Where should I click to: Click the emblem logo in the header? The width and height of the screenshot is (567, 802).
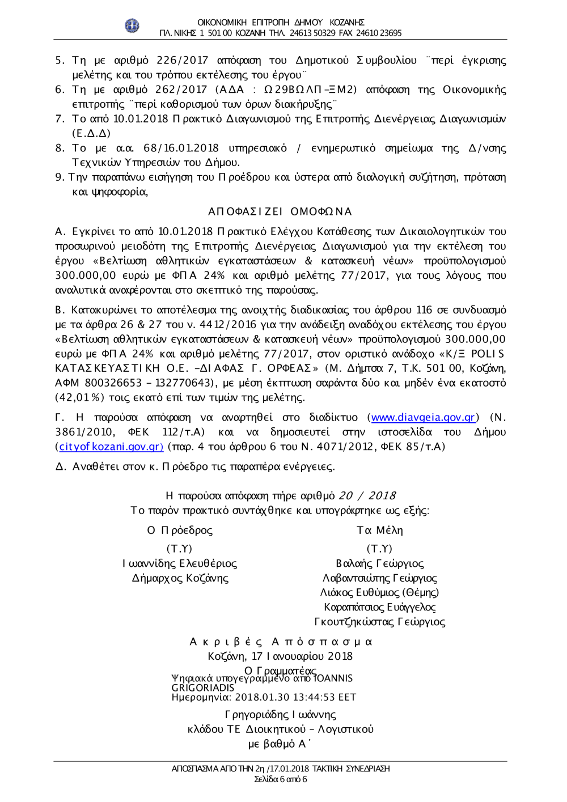(x=132, y=26)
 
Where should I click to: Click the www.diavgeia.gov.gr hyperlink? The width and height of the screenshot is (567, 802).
(x=422, y=418)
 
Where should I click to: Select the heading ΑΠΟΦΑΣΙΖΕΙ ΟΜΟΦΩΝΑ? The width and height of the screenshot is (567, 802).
(x=280, y=212)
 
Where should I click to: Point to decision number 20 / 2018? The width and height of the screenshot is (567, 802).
(x=367, y=496)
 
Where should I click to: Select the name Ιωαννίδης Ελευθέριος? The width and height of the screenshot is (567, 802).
(x=180, y=564)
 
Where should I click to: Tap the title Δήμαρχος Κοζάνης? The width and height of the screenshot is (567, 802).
(x=180, y=579)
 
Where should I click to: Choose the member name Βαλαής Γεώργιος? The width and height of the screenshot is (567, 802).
(x=379, y=564)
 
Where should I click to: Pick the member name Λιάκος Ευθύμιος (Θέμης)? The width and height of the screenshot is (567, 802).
(x=379, y=593)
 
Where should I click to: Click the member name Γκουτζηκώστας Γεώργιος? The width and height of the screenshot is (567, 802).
(x=379, y=622)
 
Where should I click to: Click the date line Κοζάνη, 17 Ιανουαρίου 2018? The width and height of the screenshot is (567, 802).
(x=280, y=656)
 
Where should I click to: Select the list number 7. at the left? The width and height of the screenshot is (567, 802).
(x=60, y=119)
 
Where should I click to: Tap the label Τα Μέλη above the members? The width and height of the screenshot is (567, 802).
(x=379, y=531)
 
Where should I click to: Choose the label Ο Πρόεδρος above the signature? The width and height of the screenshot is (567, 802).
(x=180, y=531)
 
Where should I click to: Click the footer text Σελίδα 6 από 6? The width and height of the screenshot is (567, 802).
(x=280, y=779)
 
